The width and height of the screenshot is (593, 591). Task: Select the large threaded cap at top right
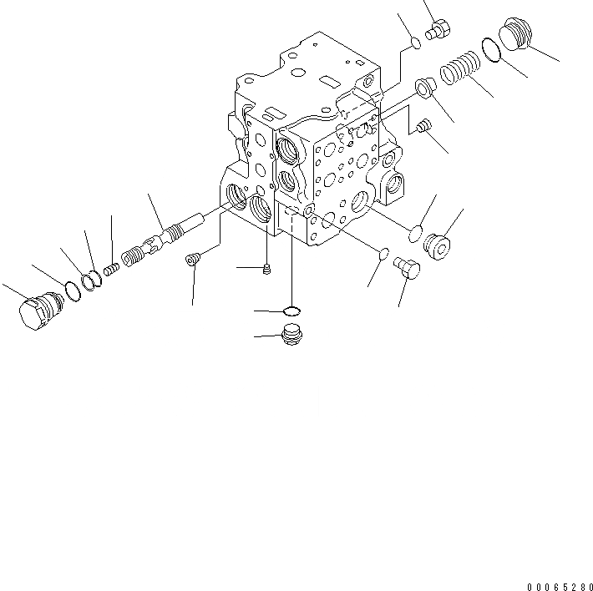tap(514, 37)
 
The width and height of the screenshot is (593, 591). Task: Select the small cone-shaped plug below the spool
tap(192, 260)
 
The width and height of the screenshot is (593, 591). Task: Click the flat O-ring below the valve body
tap(291, 311)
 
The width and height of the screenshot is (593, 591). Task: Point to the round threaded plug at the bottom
tap(291, 336)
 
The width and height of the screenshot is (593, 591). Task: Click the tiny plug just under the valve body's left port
tap(266, 268)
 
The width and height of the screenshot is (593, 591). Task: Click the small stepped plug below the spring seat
tap(421, 127)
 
